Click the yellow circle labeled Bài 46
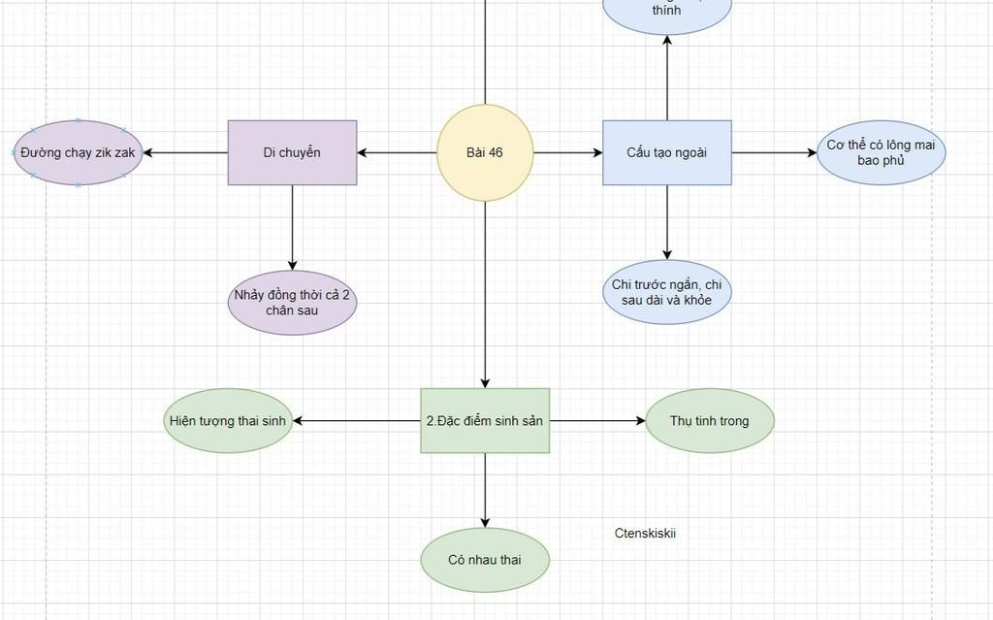(485, 152)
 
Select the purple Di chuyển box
(292, 152)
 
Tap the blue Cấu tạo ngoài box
(667, 152)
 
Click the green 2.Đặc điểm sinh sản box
(485, 421)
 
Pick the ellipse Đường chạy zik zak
(79, 152)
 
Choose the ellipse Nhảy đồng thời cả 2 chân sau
(292, 303)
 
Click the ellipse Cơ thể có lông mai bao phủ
(881, 152)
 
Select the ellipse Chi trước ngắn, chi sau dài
(667, 292)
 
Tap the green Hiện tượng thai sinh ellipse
(228, 421)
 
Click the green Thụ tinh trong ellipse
(710, 421)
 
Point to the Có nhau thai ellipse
(485, 560)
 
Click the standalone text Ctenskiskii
(645, 533)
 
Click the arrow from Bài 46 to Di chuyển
(398, 152)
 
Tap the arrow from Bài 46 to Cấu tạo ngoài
(567, 152)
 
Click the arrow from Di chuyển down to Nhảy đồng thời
(292, 227)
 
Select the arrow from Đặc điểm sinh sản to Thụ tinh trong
(596, 421)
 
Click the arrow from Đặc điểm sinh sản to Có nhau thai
(485, 490)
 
